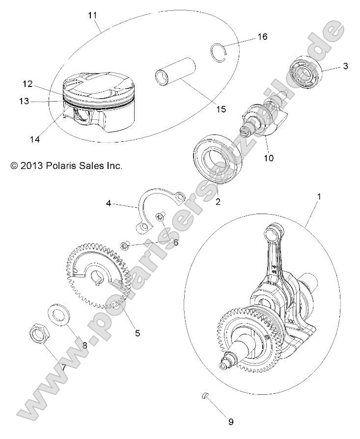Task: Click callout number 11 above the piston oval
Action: point(92,15)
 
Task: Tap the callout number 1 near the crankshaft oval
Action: point(305,196)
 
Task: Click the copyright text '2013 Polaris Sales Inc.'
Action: point(66,166)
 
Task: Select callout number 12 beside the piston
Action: point(28,84)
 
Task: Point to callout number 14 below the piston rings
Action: point(34,139)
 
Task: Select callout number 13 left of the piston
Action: point(24,101)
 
